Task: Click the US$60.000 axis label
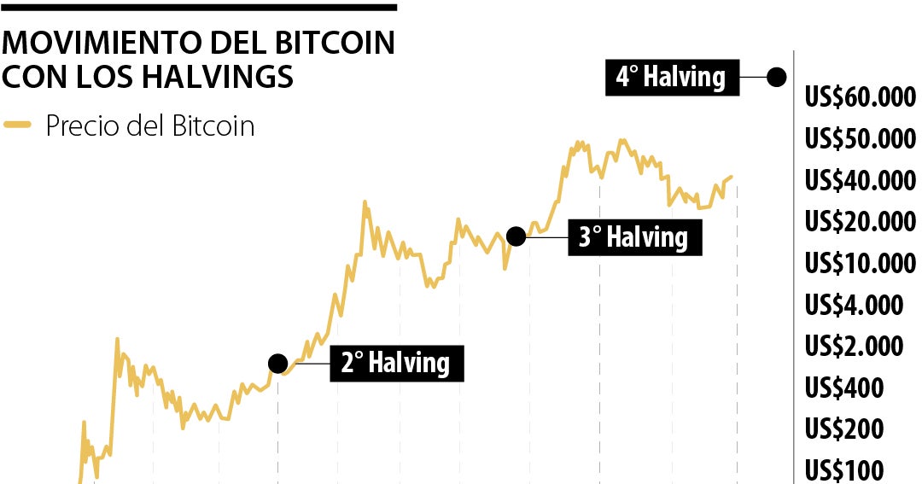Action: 860,97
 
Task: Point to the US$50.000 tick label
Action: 860,139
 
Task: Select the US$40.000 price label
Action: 860,181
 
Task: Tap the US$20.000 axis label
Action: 860,222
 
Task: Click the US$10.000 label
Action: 860,263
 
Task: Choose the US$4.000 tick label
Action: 854,305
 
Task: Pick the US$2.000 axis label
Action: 854,347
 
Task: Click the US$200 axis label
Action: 844,429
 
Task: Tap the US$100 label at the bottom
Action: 844,470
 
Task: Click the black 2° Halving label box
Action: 396,363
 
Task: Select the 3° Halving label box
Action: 634,236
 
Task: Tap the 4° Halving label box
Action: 671,77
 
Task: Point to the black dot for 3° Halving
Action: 516,236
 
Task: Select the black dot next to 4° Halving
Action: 776,77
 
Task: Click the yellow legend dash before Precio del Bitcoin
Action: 18,126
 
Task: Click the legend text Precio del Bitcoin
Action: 150,126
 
